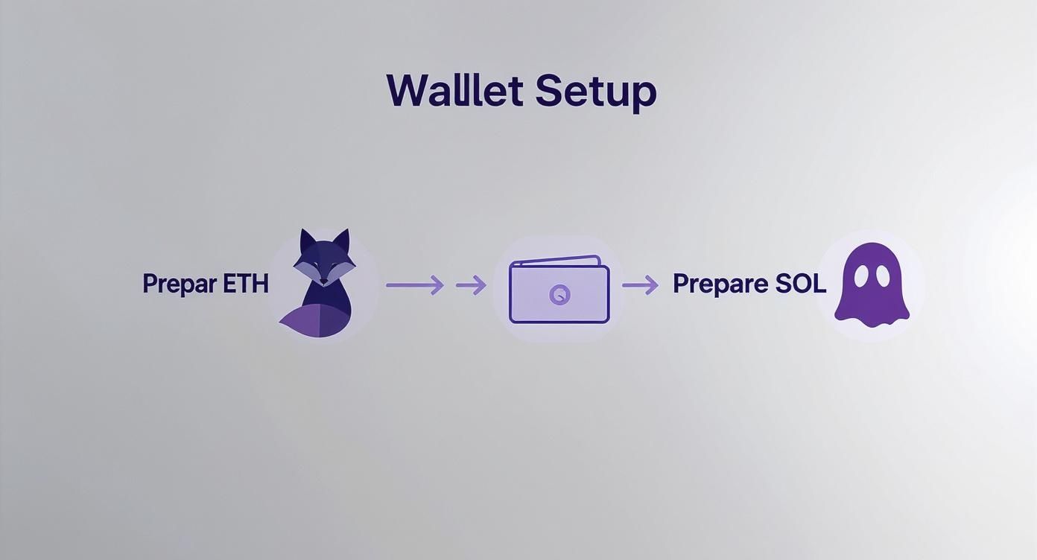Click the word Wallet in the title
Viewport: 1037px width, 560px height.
(x=455, y=91)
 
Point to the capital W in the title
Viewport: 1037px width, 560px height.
(x=407, y=91)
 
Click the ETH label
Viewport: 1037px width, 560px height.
(x=244, y=284)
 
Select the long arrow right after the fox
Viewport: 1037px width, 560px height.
(x=414, y=284)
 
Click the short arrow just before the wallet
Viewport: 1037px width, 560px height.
(x=471, y=284)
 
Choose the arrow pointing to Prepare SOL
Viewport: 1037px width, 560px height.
(x=640, y=284)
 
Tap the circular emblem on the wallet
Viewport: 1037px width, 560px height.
(x=559, y=294)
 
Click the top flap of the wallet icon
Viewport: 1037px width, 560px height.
(x=555, y=261)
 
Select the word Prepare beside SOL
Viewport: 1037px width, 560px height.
(x=720, y=284)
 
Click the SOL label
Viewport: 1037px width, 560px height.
(x=801, y=284)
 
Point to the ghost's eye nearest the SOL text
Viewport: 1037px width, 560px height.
(x=861, y=276)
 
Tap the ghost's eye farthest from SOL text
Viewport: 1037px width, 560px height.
(x=883, y=276)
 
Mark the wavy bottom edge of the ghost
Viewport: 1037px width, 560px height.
(x=872, y=316)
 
